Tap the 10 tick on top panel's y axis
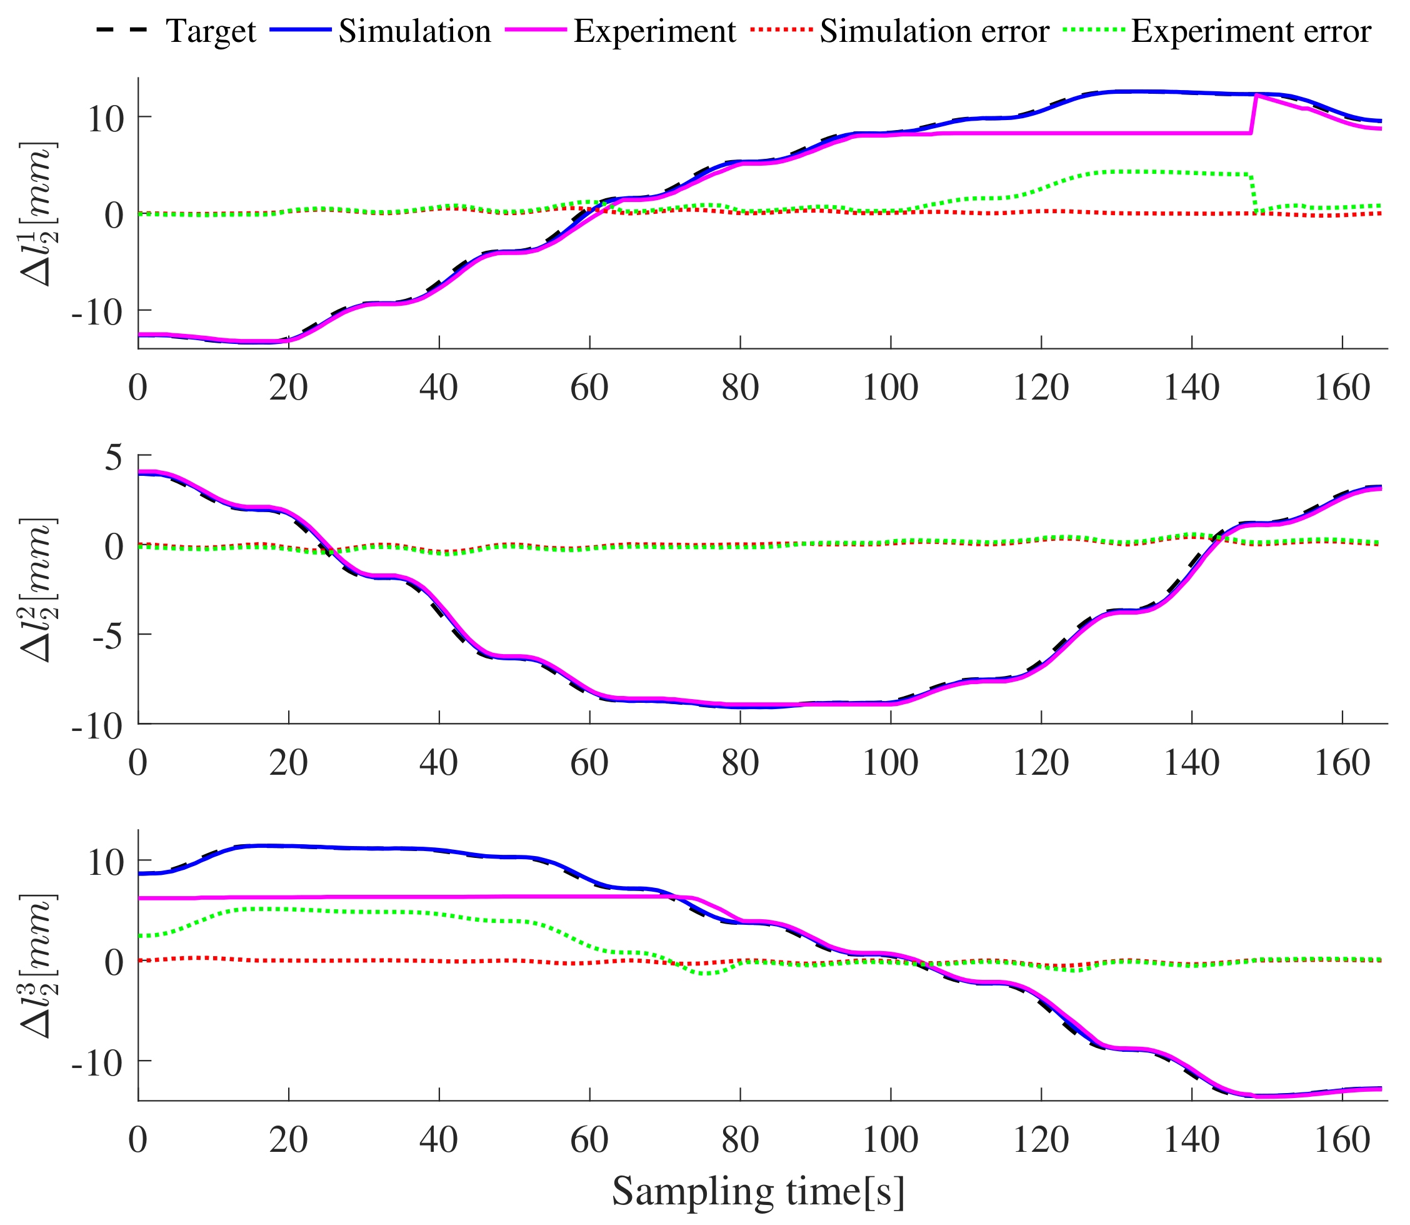105,119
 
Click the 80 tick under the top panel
740,388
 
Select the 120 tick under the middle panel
1041,763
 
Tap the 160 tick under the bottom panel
1342,1139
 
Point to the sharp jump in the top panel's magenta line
1254,113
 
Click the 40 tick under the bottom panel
439,1139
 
